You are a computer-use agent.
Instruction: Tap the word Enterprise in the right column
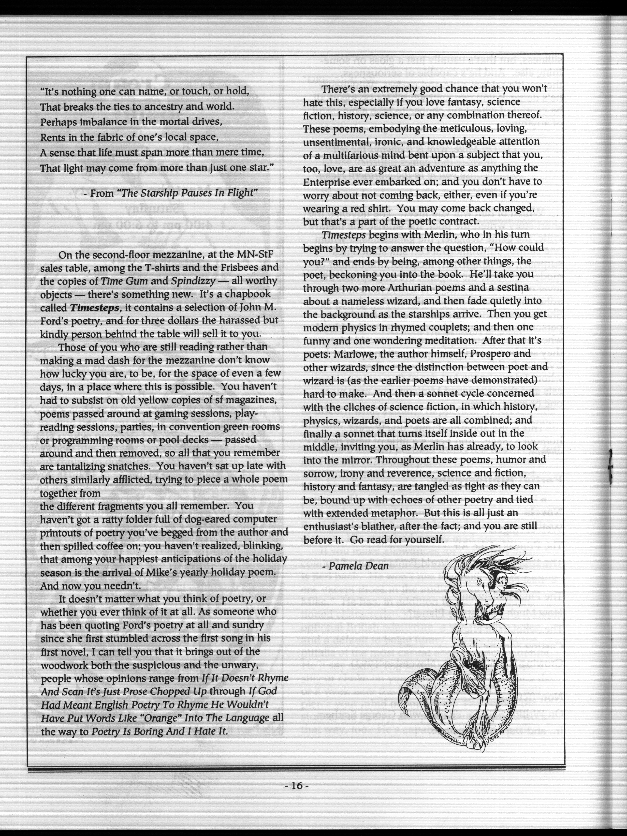[x=327, y=182]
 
